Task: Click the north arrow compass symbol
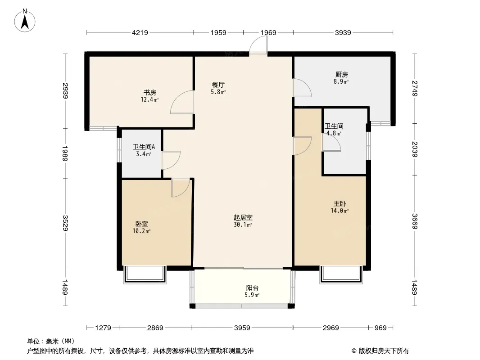[25, 21]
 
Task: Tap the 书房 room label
[149, 92]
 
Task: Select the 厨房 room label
[341, 74]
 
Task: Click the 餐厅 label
[218, 85]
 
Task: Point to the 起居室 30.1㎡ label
[243, 221]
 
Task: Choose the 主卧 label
[340, 204]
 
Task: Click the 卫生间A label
[144, 147]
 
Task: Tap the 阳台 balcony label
[252, 288]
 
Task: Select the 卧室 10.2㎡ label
[141, 227]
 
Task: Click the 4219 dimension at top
[140, 32]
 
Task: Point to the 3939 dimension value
[343, 32]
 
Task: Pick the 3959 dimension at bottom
[242, 328]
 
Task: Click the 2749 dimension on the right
[415, 88]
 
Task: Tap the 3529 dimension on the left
[65, 223]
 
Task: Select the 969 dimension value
[380, 328]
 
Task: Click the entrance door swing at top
[258, 45]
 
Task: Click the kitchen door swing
[302, 88]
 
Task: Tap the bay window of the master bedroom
[341, 274]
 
